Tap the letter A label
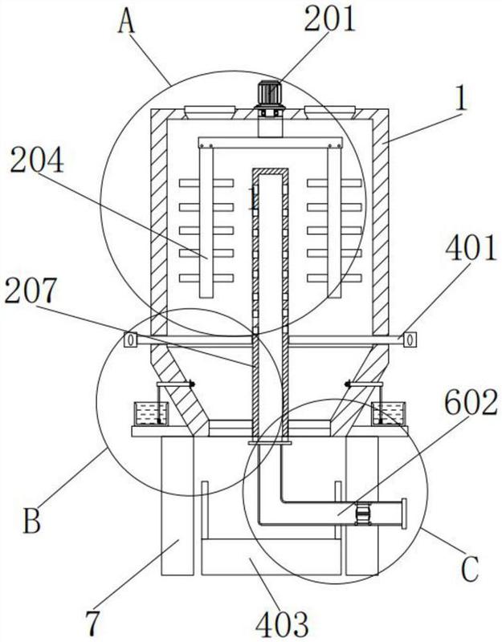[126, 22]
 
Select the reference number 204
[37, 160]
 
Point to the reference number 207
[30, 291]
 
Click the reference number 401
[471, 249]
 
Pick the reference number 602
[471, 402]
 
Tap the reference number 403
[282, 625]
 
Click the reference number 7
[92, 623]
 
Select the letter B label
[31, 520]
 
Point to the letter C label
[470, 569]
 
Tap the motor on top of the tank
[269, 99]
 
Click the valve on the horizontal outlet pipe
[362, 514]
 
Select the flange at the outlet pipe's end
[404, 514]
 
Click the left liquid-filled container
[151, 413]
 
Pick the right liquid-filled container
[388, 413]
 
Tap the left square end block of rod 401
[131, 339]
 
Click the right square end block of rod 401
[410, 339]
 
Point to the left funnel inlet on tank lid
[210, 112]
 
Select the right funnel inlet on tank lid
[330, 112]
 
